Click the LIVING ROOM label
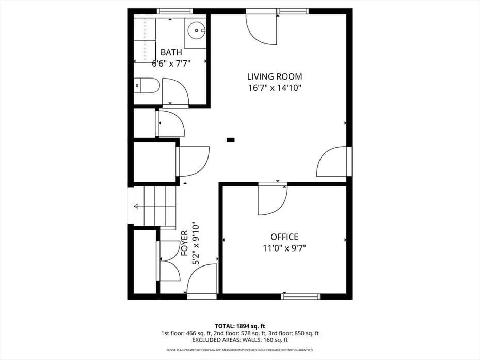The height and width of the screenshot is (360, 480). tap(274, 77)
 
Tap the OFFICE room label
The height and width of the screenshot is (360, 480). tap(284, 237)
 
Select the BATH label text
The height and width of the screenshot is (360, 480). tap(171, 52)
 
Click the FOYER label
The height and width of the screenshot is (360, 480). tap(184, 243)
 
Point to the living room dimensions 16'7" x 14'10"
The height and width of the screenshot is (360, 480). tap(274, 88)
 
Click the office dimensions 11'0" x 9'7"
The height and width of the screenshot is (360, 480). tap(284, 248)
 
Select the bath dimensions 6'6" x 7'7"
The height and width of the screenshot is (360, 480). tap(171, 64)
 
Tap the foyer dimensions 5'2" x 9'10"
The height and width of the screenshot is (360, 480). tap(196, 244)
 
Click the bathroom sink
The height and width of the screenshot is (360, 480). tap(196, 30)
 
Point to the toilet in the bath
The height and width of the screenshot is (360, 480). tap(147, 86)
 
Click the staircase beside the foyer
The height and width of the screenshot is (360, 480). tap(155, 206)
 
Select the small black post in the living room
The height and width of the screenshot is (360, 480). tap(231, 139)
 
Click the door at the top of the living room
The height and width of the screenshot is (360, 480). tap(262, 29)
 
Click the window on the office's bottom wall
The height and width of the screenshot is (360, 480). tap(300, 296)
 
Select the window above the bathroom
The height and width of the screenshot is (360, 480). tap(174, 11)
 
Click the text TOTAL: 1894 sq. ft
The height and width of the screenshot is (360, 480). tap(240, 326)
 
